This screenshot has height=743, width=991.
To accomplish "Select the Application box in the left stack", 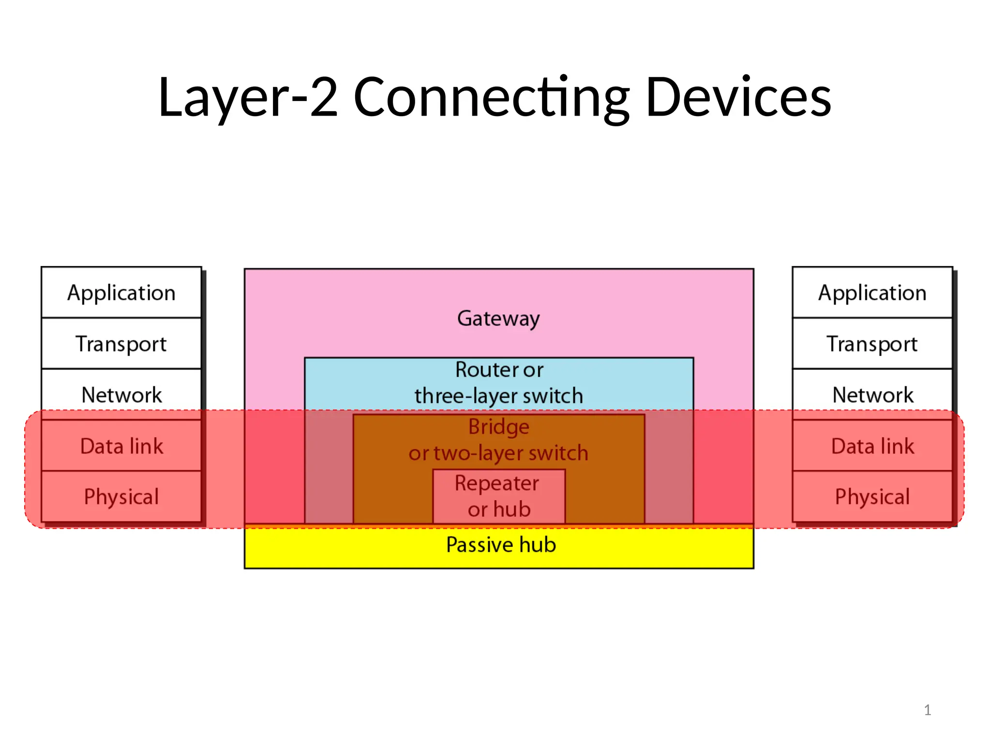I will (x=121, y=293).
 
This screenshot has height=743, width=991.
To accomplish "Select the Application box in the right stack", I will (x=872, y=293).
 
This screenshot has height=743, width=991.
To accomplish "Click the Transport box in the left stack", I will (x=121, y=343).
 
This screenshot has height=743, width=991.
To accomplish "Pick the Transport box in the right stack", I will (x=872, y=343).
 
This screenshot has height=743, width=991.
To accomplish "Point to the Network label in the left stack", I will (x=121, y=395).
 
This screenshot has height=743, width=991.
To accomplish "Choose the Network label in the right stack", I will (x=872, y=395).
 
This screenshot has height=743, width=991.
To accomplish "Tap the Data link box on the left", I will (x=121, y=446).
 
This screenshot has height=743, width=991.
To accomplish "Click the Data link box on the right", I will (x=872, y=446).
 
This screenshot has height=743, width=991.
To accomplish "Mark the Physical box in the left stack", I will (x=121, y=497).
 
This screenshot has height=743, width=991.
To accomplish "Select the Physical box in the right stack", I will (x=872, y=497).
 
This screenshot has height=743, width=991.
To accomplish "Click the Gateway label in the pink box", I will (x=498, y=318).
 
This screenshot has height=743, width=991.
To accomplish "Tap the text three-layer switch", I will (x=498, y=396).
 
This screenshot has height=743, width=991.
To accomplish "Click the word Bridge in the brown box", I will (x=498, y=427).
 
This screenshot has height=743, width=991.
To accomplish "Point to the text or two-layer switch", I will (x=498, y=453).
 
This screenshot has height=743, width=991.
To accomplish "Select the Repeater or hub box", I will (x=498, y=496).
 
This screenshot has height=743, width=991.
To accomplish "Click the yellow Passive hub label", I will (x=501, y=545).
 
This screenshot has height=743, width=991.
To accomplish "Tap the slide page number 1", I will (x=927, y=710).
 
